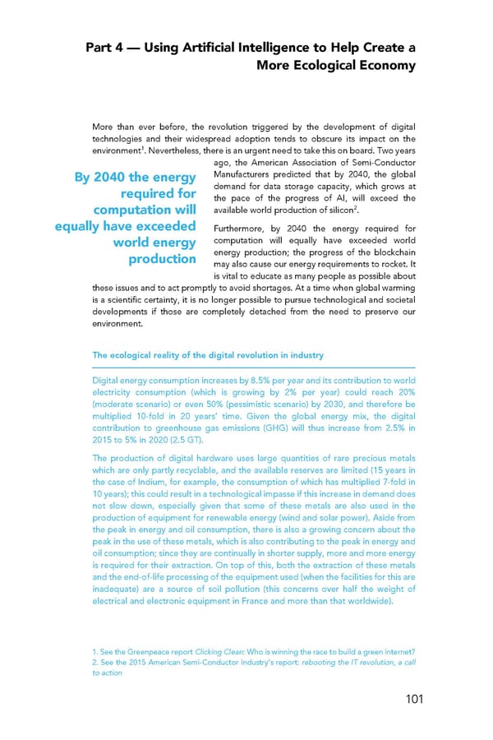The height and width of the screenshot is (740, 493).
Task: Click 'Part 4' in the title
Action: pyautogui.click(x=106, y=48)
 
